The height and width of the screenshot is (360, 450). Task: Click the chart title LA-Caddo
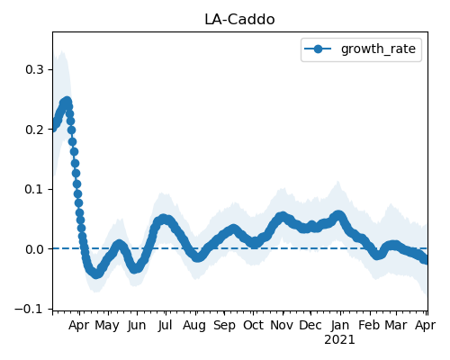tap(239, 20)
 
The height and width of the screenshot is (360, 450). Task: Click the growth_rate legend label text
tap(378, 49)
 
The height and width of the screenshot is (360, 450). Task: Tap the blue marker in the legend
tap(318, 49)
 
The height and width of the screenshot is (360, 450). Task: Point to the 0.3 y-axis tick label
tap(35, 69)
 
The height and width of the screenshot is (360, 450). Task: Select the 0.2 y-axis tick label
tap(35, 130)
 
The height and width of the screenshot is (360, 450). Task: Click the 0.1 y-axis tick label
tap(35, 190)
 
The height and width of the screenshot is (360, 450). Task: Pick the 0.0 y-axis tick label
tap(35, 249)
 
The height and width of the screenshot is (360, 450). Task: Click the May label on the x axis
tap(107, 326)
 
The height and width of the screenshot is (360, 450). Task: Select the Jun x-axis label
tap(137, 326)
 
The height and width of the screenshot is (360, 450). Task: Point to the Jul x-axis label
tap(166, 326)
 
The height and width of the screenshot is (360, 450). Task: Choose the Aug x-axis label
tap(194, 326)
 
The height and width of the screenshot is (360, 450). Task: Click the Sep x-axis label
tap(224, 326)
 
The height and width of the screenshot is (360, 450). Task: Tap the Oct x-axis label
tap(253, 326)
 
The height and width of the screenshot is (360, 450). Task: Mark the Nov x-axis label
tap(282, 326)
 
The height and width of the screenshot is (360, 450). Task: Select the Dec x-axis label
tap(310, 326)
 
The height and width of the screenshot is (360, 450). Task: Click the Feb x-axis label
tap(369, 326)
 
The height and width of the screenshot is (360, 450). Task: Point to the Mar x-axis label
tap(396, 326)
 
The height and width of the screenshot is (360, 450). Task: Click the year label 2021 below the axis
tap(339, 340)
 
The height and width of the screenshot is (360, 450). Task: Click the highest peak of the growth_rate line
tap(67, 101)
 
